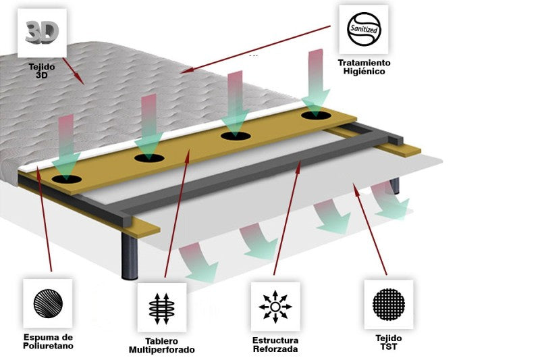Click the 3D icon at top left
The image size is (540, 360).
click(x=42, y=32)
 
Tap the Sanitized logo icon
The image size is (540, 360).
click(x=364, y=30)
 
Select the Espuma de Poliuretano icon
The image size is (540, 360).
click(x=47, y=304)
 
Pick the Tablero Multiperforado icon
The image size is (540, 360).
click(x=161, y=307)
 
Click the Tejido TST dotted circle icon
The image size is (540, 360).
click(x=389, y=304)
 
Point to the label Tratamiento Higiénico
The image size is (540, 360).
click(x=364, y=67)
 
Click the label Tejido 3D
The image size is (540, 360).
click(x=42, y=70)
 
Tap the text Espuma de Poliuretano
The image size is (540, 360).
click(x=47, y=341)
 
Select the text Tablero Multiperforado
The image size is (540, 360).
click(x=161, y=345)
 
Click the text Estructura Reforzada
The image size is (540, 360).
click(x=275, y=344)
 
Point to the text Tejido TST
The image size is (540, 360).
click(x=389, y=341)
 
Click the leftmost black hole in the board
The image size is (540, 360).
click(x=66, y=180)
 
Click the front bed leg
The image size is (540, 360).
click(x=128, y=256)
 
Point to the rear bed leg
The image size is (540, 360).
click(x=395, y=185)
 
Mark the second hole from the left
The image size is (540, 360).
click(x=149, y=159)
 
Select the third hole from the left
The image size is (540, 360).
click(x=236, y=136)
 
